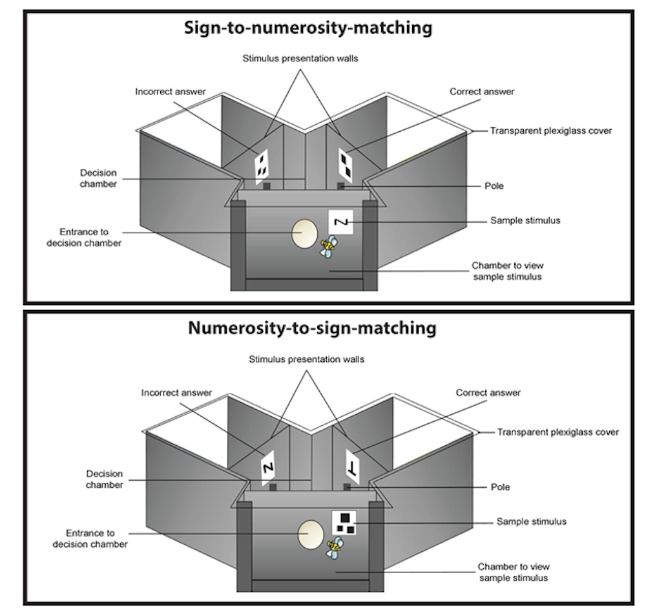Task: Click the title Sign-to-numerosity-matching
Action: pyautogui.click(x=308, y=28)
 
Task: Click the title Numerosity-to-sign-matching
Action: pyautogui.click(x=312, y=328)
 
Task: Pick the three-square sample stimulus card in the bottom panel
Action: pyautogui.click(x=344, y=522)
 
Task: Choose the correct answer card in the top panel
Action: pyautogui.click(x=346, y=163)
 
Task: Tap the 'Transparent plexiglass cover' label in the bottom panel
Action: pyautogui.click(x=557, y=432)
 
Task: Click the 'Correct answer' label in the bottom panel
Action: pyautogui.click(x=488, y=393)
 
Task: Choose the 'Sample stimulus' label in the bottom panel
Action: pyautogui.click(x=531, y=521)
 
